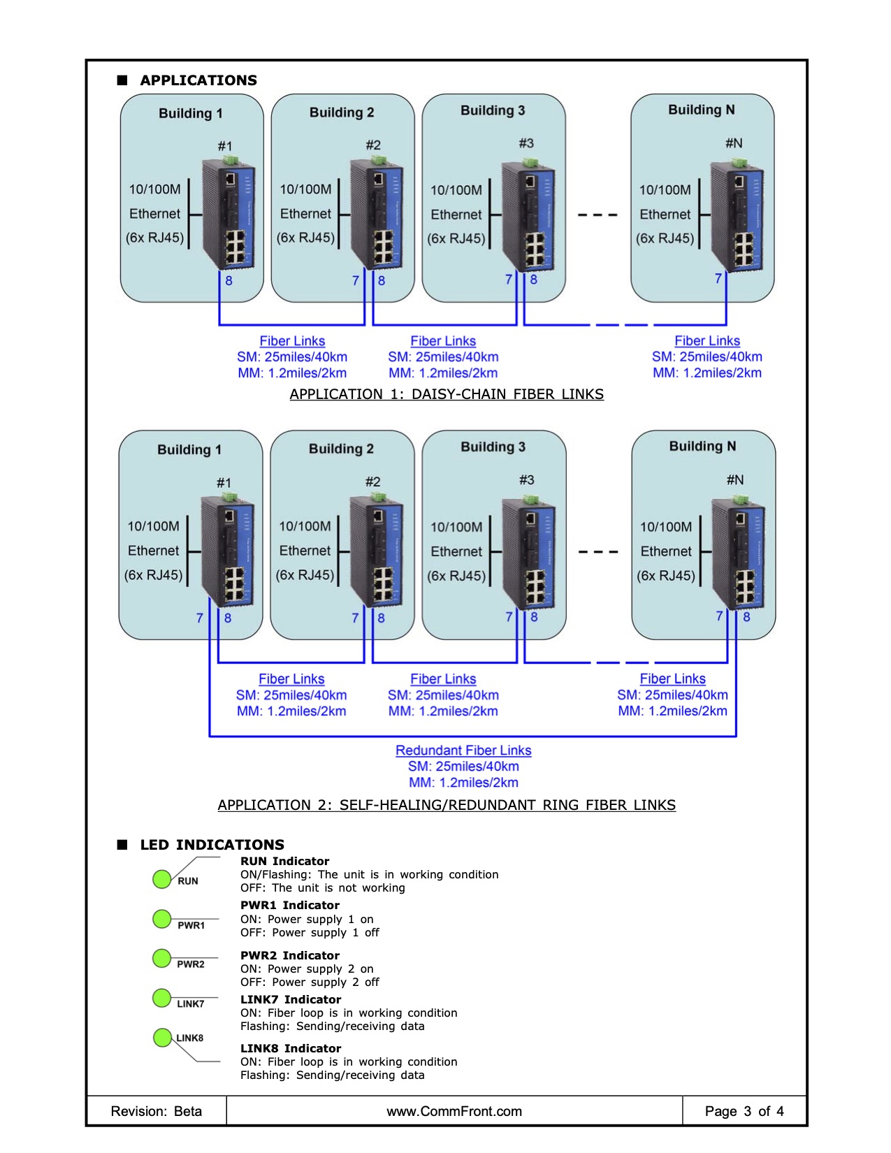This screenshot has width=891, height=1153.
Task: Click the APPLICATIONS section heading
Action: (x=198, y=80)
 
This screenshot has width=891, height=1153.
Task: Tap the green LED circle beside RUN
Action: (x=162, y=879)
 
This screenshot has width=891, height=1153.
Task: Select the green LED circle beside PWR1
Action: (x=162, y=919)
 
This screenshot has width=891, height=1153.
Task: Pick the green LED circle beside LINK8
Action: (x=162, y=1037)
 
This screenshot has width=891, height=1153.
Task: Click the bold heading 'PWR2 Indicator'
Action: (x=290, y=955)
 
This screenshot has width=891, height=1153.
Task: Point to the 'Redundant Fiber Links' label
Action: (x=463, y=750)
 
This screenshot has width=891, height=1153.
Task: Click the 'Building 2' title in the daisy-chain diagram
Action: (x=342, y=113)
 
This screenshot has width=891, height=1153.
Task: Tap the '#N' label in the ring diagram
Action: (x=735, y=479)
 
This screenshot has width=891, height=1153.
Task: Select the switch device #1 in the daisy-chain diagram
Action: (x=229, y=212)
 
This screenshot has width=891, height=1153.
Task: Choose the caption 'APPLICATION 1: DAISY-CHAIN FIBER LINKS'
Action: (x=447, y=394)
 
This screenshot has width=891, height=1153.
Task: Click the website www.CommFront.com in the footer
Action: (x=454, y=1111)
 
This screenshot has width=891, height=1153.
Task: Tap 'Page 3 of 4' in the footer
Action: (x=744, y=1111)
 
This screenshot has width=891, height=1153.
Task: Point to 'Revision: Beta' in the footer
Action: (x=156, y=1111)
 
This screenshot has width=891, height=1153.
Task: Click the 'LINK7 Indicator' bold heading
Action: (x=290, y=999)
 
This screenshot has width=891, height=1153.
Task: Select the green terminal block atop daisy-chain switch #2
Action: (x=379, y=160)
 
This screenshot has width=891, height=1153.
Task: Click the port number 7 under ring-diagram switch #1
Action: (x=200, y=618)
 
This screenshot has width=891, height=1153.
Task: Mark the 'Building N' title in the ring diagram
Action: (x=702, y=447)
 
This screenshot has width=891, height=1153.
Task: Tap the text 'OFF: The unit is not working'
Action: (x=323, y=887)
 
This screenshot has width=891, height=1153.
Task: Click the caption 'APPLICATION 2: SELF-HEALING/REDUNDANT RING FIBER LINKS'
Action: (x=447, y=805)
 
